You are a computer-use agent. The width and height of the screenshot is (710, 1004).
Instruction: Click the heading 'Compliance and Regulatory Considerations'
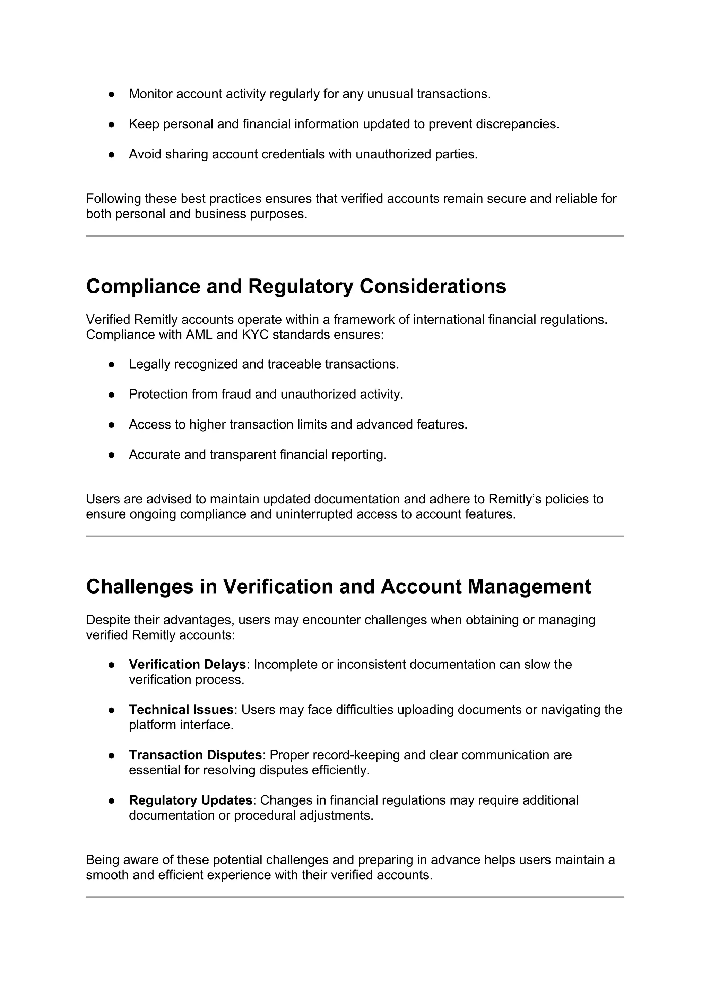coord(296,286)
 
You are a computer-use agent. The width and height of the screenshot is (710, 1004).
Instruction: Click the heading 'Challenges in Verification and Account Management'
coord(338,586)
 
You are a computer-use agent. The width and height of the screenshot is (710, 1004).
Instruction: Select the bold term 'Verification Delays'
coord(187,665)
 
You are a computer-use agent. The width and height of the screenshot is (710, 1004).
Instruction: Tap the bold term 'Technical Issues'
coord(181,710)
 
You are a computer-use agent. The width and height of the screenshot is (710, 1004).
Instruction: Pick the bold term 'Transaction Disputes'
coord(195,755)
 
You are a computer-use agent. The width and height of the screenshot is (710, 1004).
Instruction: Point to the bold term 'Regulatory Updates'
coord(190,800)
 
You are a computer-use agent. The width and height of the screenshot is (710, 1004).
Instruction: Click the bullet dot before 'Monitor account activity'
coord(112,94)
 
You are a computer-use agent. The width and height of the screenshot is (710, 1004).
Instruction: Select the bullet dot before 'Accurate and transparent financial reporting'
coord(112,455)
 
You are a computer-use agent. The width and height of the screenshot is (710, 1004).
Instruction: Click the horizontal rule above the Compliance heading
coord(355,236)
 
